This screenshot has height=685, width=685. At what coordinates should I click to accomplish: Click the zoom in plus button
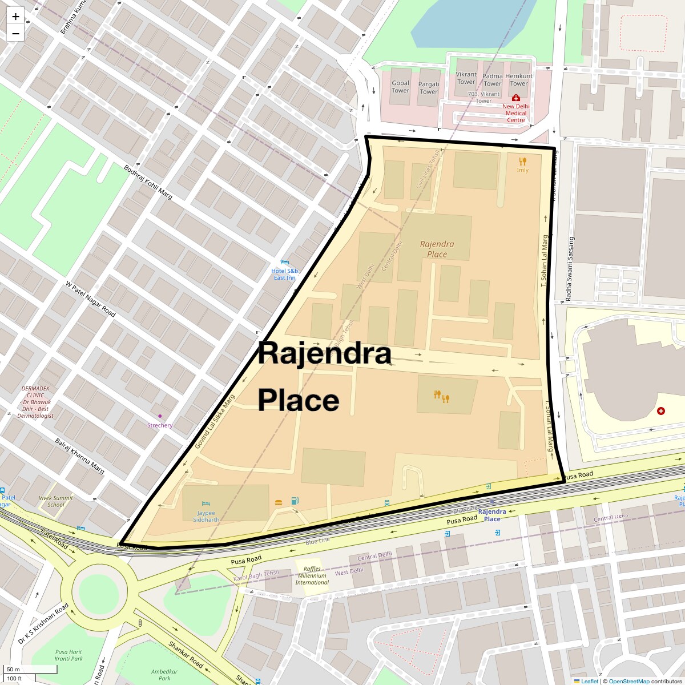coord(15,17)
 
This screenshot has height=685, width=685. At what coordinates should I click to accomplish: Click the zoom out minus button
coord(15,34)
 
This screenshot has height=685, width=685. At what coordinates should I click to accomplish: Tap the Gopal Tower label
coord(400,87)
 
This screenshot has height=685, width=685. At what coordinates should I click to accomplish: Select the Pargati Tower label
coord(429,88)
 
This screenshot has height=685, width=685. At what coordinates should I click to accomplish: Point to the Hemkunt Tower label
coord(518,79)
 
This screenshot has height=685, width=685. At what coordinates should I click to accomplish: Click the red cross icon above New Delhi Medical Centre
coord(516,98)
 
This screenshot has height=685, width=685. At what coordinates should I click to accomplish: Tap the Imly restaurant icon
coord(522,162)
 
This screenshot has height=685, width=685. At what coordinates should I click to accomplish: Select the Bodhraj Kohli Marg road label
coord(148,182)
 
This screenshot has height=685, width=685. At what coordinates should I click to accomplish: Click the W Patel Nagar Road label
coord(90,299)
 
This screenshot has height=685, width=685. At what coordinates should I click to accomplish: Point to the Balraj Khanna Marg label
coord(80,456)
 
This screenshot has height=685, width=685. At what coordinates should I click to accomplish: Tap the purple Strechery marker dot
coord(160,416)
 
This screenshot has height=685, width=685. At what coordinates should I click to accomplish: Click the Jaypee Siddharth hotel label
coord(206,516)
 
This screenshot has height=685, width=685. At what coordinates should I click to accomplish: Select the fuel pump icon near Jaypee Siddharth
coord(295,501)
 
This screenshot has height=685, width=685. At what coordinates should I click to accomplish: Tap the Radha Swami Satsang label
coord(569,269)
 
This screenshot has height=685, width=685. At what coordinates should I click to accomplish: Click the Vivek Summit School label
coord(56,501)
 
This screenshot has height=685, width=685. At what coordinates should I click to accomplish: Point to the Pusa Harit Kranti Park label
coord(69,655)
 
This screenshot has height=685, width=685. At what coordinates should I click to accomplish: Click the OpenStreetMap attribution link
coord(628,681)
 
